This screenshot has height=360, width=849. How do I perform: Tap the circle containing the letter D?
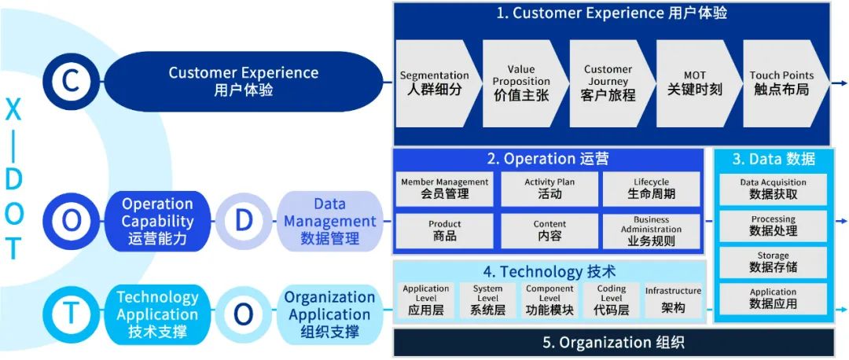point(244,220)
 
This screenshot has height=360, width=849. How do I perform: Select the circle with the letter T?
point(71,313)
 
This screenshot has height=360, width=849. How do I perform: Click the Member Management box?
point(444,189)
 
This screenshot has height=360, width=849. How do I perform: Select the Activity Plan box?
point(549,189)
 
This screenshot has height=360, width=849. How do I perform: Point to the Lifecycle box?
point(652,189)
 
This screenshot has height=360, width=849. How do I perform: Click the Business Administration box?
point(652,231)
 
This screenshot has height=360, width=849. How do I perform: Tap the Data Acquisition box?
point(774,189)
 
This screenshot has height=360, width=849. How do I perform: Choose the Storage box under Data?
point(774,262)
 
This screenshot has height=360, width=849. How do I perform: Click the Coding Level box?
point(612,300)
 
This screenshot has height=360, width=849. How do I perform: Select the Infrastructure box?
point(673,300)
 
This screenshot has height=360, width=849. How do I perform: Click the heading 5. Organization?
point(613,343)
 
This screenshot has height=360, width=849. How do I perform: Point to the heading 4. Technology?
point(549,271)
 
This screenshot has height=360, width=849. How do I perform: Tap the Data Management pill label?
point(329,221)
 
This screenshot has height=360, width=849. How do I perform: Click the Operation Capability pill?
point(157,221)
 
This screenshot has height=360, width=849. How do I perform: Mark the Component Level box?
point(549,300)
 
